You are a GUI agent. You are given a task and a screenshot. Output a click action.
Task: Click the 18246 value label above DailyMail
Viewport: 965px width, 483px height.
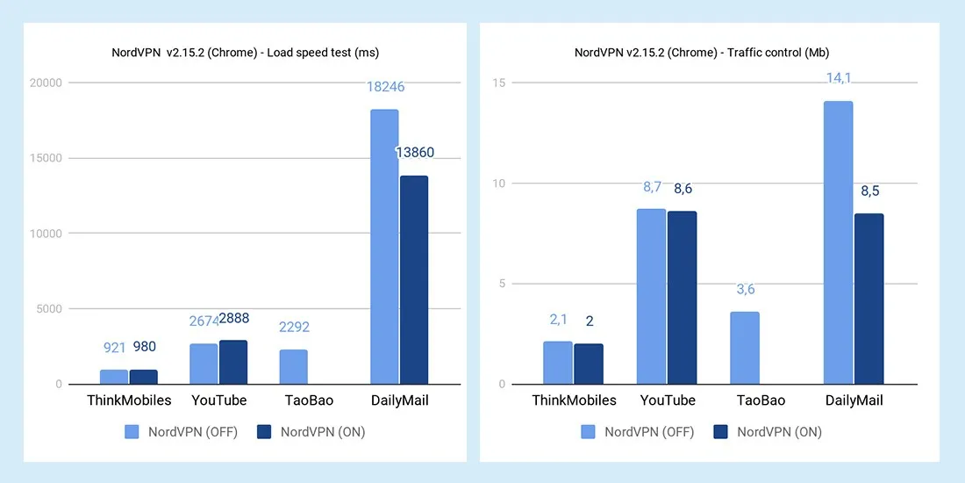tap(384, 88)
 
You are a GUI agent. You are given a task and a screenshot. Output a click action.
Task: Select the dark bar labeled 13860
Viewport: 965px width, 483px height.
tap(414, 279)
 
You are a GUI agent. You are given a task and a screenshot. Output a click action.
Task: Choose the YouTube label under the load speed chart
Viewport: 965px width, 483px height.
tap(218, 400)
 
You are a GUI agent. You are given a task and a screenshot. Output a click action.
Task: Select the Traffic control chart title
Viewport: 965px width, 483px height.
tap(700, 52)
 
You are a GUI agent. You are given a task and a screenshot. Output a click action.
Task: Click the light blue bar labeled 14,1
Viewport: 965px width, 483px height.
tap(838, 242)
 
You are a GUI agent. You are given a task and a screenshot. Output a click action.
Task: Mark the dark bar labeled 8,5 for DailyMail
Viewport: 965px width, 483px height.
tap(869, 299)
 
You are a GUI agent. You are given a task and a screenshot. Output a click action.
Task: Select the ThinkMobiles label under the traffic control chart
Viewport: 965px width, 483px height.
tap(574, 400)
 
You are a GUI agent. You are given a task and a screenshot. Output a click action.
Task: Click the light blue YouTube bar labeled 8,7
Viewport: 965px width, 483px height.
tap(651, 296)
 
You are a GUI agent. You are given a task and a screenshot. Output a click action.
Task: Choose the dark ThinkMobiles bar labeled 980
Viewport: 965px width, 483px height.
tap(144, 377)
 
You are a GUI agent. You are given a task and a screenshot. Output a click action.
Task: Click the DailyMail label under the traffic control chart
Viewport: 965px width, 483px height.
tap(854, 400)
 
